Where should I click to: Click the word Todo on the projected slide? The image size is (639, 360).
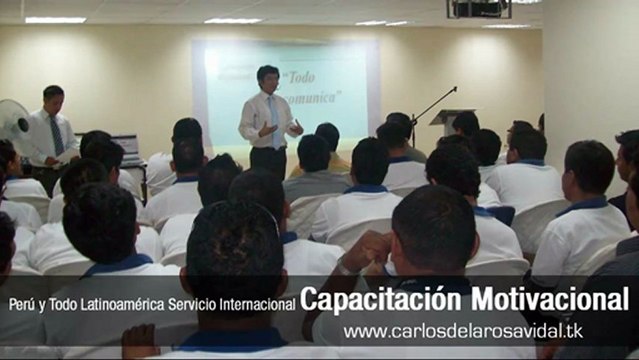[306, 79]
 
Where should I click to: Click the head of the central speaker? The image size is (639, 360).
[267, 77]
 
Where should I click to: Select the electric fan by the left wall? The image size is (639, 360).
[12, 121]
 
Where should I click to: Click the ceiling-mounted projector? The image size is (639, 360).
[478, 9]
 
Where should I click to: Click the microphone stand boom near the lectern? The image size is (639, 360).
[433, 104]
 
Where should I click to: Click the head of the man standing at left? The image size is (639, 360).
[52, 97]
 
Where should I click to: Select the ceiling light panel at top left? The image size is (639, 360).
[55, 19]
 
